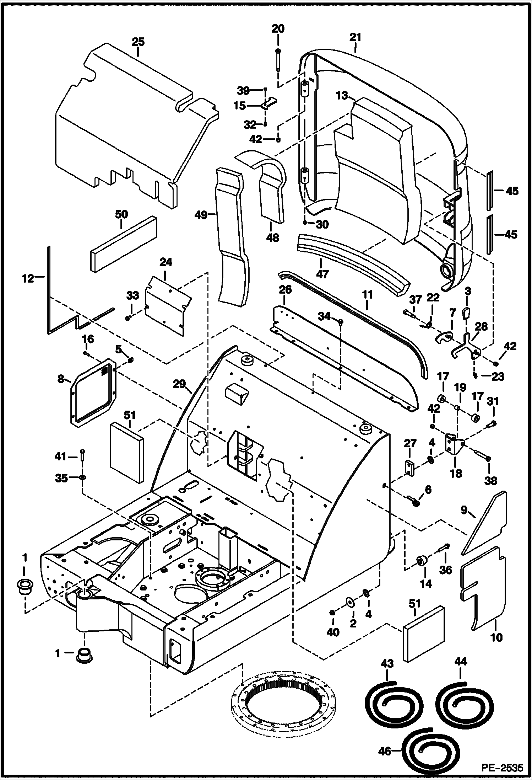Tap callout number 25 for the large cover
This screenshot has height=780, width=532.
point(138,42)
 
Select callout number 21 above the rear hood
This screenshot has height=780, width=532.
point(355,37)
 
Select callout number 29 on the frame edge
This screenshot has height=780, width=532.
point(180,384)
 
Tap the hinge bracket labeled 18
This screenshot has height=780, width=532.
point(455,445)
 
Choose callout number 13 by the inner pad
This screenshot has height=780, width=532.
point(341,96)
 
